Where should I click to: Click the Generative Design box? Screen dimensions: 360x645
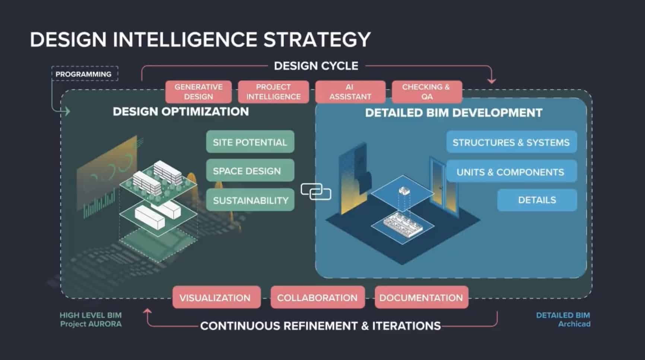tap(198, 92)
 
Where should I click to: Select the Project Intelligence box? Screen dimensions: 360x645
tap(273, 92)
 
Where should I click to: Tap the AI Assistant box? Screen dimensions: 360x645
tap(350, 92)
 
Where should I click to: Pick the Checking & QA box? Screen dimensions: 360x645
tap(427, 92)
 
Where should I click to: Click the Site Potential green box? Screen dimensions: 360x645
tap(250, 142)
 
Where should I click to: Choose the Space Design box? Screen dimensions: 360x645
tap(250, 171)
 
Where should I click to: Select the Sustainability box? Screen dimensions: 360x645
tap(250, 200)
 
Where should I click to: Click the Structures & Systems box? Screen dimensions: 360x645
tap(511, 142)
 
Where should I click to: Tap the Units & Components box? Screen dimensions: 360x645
tap(511, 171)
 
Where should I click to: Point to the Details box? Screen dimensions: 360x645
tap(537, 200)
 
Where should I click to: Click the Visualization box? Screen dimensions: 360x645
tap(216, 297)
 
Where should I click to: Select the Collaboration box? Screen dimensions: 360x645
tap(317, 297)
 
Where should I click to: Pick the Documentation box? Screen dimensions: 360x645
tap(421, 297)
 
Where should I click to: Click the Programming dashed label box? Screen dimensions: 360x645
tap(84, 74)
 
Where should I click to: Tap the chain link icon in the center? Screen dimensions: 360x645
tap(316, 192)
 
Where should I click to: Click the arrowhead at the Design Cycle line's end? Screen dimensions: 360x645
tap(492, 80)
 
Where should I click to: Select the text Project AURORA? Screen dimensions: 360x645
tap(91, 324)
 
